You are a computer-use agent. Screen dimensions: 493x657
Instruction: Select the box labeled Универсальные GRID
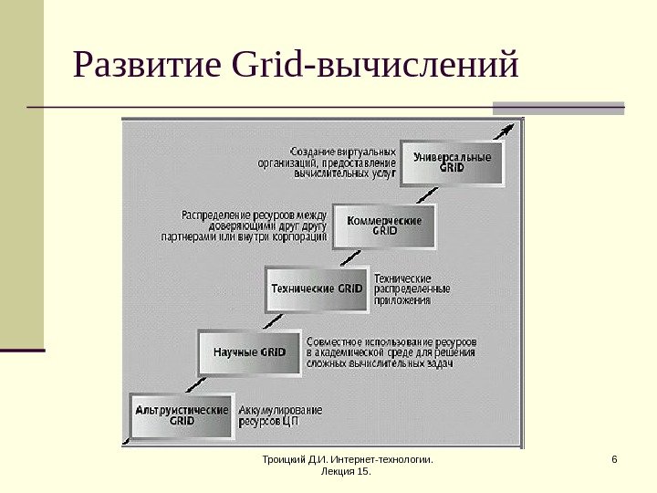click(x=452, y=163)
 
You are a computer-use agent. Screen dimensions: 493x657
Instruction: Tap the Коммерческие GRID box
click(x=386, y=226)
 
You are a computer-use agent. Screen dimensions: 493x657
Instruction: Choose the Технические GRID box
click(x=318, y=288)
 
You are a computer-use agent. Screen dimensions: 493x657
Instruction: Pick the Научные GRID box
click(x=249, y=351)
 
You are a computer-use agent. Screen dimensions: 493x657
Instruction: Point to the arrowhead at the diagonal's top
click(x=519, y=127)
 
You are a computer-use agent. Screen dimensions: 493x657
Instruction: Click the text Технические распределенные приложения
click(x=402, y=288)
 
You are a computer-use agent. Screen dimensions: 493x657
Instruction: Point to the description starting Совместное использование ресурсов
click(x=391, y=351)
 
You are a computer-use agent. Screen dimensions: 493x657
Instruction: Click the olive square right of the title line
click(x=558, y=108)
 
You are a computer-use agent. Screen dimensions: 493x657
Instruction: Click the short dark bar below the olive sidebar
click(x=22, y=350)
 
